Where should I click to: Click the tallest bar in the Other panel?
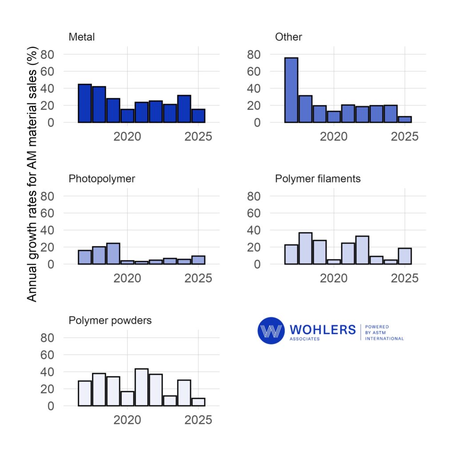pyautogui.click(x=291, y=90)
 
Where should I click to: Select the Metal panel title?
pyautogui.click(x=81, y=37)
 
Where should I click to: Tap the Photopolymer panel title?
pyautogui.click(x=102, y=179)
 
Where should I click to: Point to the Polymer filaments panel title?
pyautogui.click(x=318, y=179)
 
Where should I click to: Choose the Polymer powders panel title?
pyautogui.click(x=110, y=320)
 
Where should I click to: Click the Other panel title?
pyautogui.click(x=288, y=37)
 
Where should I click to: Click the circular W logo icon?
pyautogui.click(x=271, y=331)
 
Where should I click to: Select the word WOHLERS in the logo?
pyautogui.click(x=323, y=329)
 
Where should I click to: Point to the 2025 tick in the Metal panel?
pyautogui.click(x=197, y=136)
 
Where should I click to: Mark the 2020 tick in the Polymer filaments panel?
pyautogui.click(x=334, y=278)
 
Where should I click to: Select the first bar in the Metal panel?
pyautogui.click(x=85, y=103)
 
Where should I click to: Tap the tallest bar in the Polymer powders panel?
pyautogui.click(x=141, y=387)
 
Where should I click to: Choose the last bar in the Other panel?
pyautogui.click(x=405, y=119)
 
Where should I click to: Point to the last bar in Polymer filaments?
pyautogui.click(x=405, y=256)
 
